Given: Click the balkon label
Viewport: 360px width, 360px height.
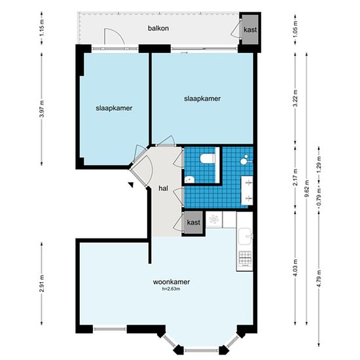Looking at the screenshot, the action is [158, 28].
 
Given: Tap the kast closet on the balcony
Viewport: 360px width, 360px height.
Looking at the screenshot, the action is [250, 30].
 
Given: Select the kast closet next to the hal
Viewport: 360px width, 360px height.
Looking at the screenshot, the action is [193, 223].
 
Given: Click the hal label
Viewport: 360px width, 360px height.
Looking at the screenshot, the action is [163, 189].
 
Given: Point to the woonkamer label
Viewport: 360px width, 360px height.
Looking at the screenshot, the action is [171, 281].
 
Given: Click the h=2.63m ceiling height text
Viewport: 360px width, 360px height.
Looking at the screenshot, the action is [171, 289].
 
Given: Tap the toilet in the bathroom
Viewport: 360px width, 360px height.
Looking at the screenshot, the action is [207, 159].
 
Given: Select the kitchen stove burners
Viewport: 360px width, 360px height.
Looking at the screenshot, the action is [245, 258].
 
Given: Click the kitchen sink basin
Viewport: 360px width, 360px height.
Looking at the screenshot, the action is [245, 236].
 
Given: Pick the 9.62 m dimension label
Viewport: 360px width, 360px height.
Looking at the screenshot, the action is [307, 189].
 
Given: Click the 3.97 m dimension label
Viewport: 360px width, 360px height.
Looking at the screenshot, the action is [42, 109].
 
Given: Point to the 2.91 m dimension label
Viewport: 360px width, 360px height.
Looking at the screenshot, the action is [42, 283].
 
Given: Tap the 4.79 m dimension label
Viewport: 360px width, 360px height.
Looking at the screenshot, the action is [319, 278].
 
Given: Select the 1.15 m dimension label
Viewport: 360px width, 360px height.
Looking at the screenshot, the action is [42, 27].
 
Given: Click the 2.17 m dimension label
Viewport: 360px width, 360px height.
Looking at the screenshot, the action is [295, 177].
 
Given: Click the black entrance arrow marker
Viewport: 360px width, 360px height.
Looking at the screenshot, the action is [131, 185].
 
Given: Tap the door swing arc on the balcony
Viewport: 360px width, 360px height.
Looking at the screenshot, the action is [115, 36].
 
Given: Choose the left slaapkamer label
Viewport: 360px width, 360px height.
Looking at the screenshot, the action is [114, 108].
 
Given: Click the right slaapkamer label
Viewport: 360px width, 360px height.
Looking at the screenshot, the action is [202, 98].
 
